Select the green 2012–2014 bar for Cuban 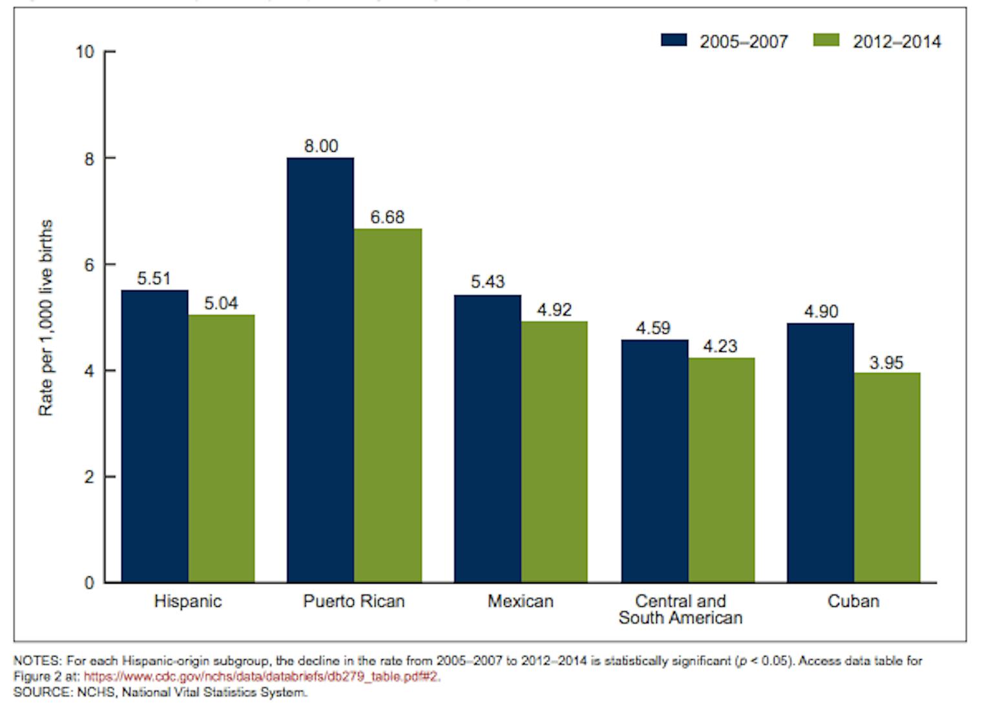[886, 477]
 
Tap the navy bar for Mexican [487, 438]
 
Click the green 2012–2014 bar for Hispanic [221, 448]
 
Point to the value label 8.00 [321, 146]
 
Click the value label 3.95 [886, 362]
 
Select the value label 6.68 [387, 217]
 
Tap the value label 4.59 [653, 328]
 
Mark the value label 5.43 [487, 281]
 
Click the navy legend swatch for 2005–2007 [673, 41]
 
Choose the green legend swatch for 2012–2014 [826, 41]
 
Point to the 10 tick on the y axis [85, 52]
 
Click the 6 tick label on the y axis [89, 265]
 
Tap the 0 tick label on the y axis [89, 583]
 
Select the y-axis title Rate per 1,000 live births [45, 318]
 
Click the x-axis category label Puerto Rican [353, 601]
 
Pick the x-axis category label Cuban [853, 601]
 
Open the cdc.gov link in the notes [262, 677]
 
